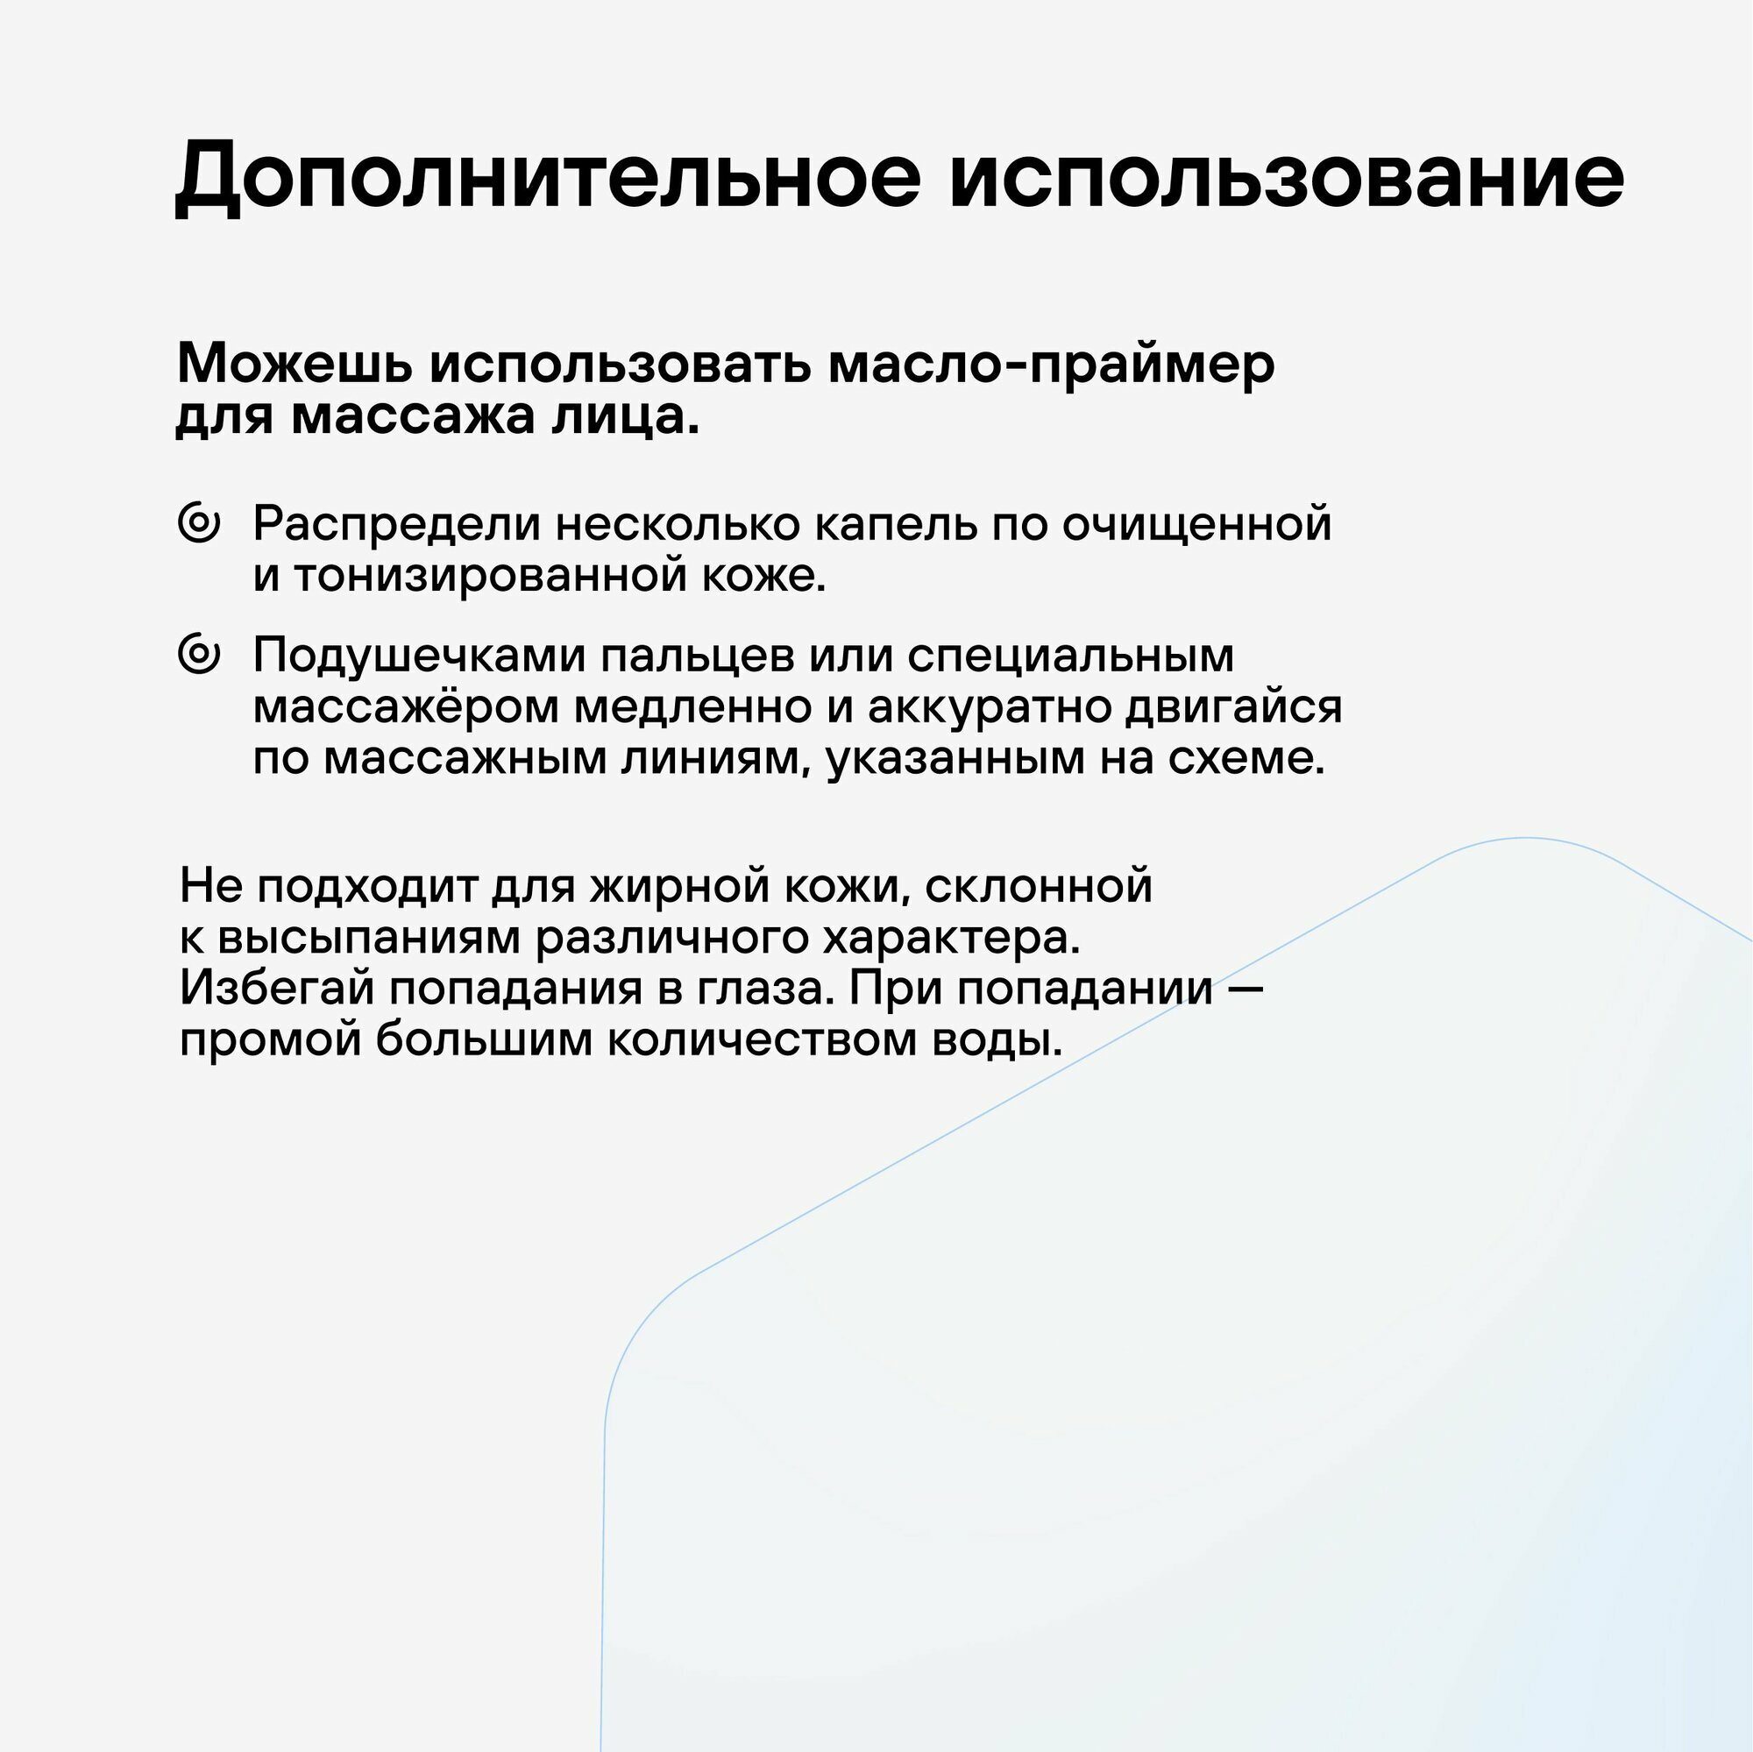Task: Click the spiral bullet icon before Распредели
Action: (200, 523)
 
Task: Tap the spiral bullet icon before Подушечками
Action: (200, 654)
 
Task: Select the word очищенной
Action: (1196, 523)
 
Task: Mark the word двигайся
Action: (1233, 706)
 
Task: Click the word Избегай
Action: (277, 988)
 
